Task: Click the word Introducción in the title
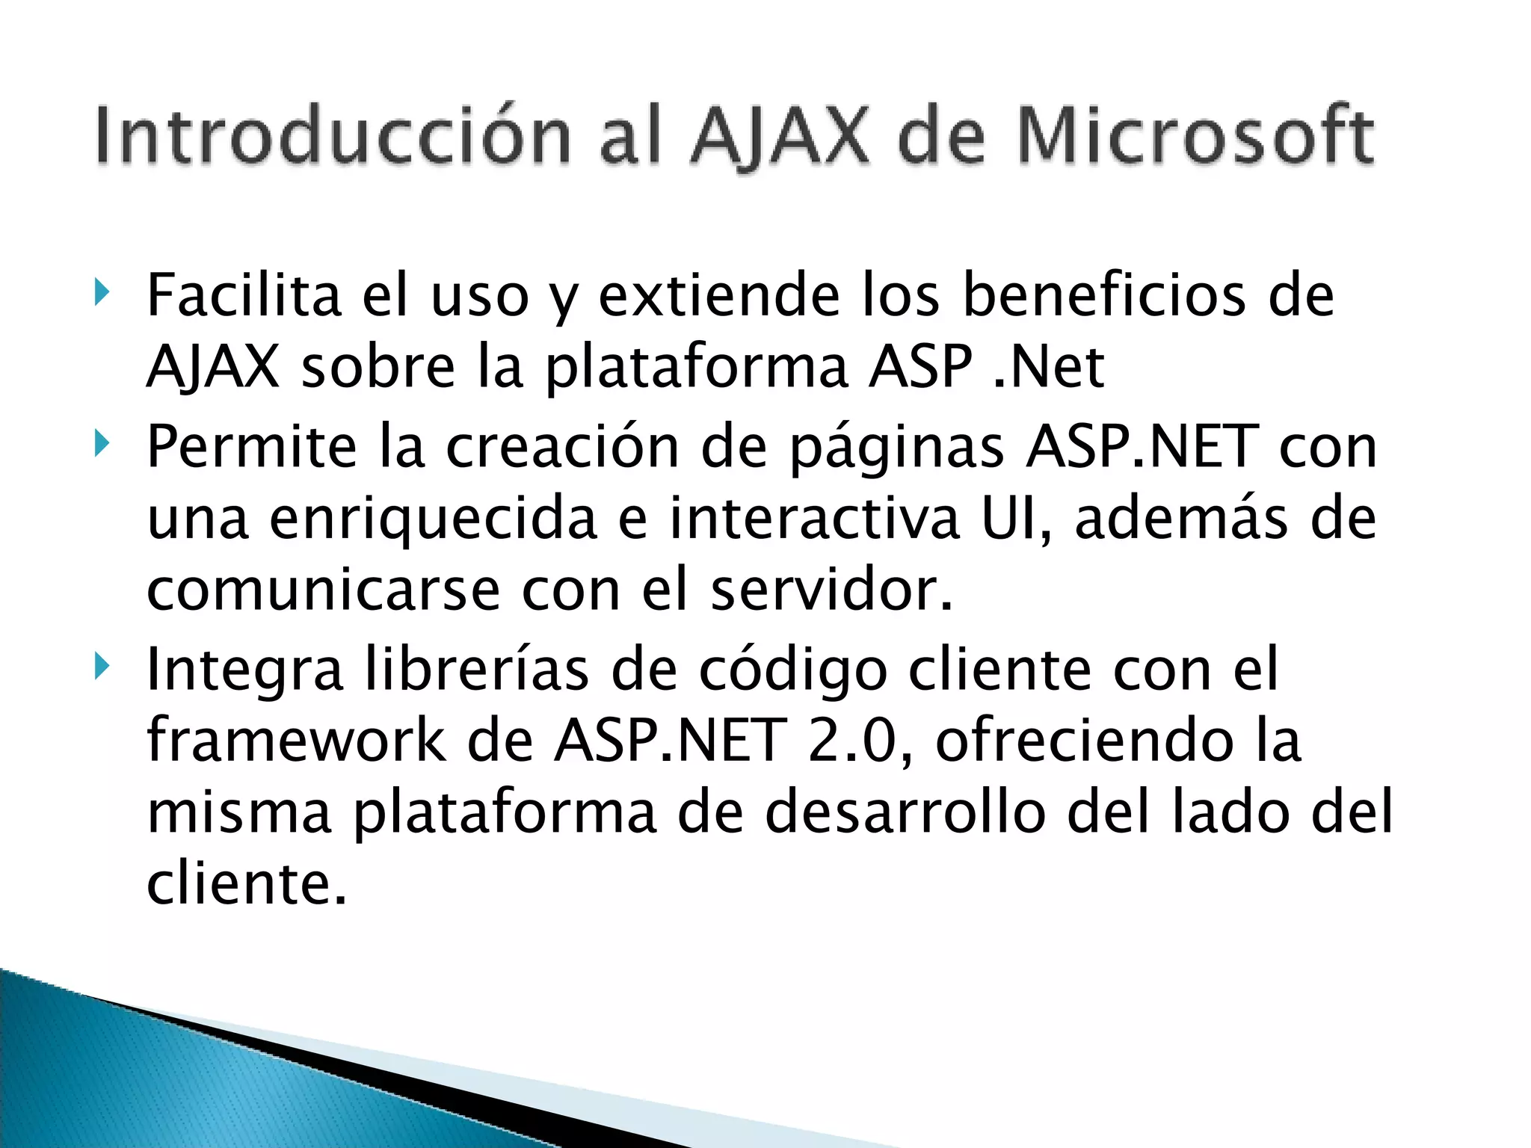[x=333, y=136]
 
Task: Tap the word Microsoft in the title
[x=1194, y=136]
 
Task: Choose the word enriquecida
[x=433, y=519]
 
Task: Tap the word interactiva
[x=814, y=517]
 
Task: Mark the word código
[x=792, y=670]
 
